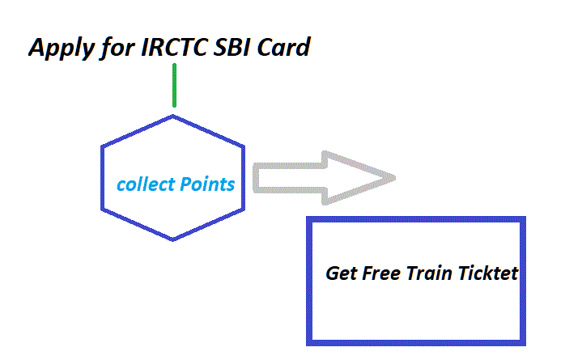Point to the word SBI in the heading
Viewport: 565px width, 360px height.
234,48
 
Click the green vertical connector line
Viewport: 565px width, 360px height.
174,85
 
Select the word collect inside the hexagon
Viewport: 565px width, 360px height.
146,184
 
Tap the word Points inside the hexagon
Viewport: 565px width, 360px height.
206,184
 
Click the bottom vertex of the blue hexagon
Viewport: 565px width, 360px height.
173,239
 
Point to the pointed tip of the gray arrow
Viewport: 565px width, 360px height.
394,177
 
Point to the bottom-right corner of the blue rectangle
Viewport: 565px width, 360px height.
524,342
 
